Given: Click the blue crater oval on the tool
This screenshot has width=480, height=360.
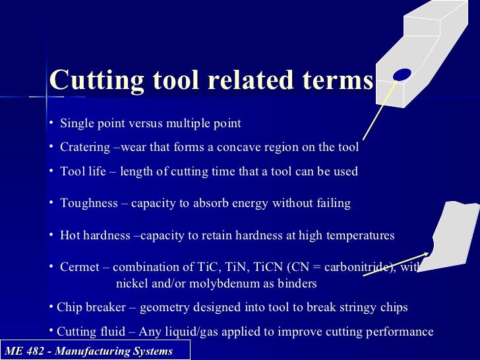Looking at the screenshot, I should pos(402,75).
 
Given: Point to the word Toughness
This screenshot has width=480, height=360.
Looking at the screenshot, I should pos(89,204).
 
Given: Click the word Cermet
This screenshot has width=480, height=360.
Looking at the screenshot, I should pos(82,267).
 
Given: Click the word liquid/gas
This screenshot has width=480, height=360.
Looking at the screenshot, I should pos(168,332).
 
